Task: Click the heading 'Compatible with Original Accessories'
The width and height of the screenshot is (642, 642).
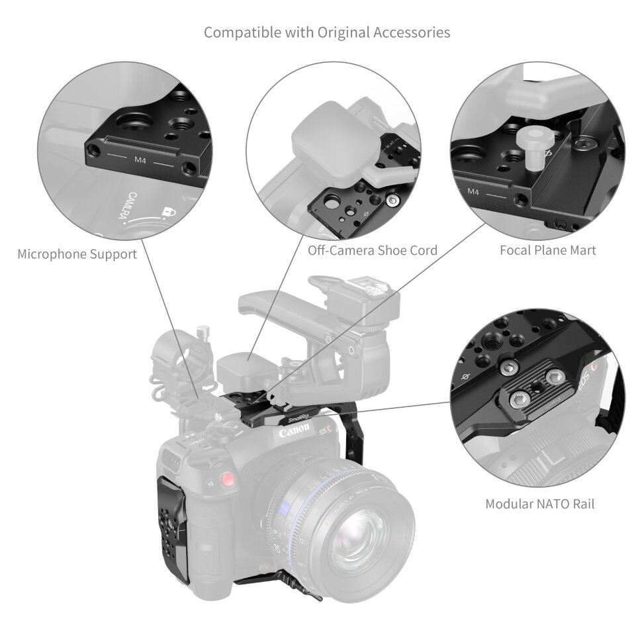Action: pos(327,32)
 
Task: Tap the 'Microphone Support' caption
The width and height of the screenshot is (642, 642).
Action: pos(77,254)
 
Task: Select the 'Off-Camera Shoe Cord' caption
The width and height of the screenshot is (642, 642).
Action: pos(373,251)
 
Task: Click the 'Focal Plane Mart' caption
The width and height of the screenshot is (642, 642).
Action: pos(547,250)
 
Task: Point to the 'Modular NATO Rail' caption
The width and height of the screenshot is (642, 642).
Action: pos(539,504)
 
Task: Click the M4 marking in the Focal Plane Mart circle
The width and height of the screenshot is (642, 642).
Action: pos(473,191)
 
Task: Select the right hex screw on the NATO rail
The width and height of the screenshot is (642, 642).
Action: pos(551,377)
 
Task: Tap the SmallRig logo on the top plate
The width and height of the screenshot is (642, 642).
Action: pos(300,418)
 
